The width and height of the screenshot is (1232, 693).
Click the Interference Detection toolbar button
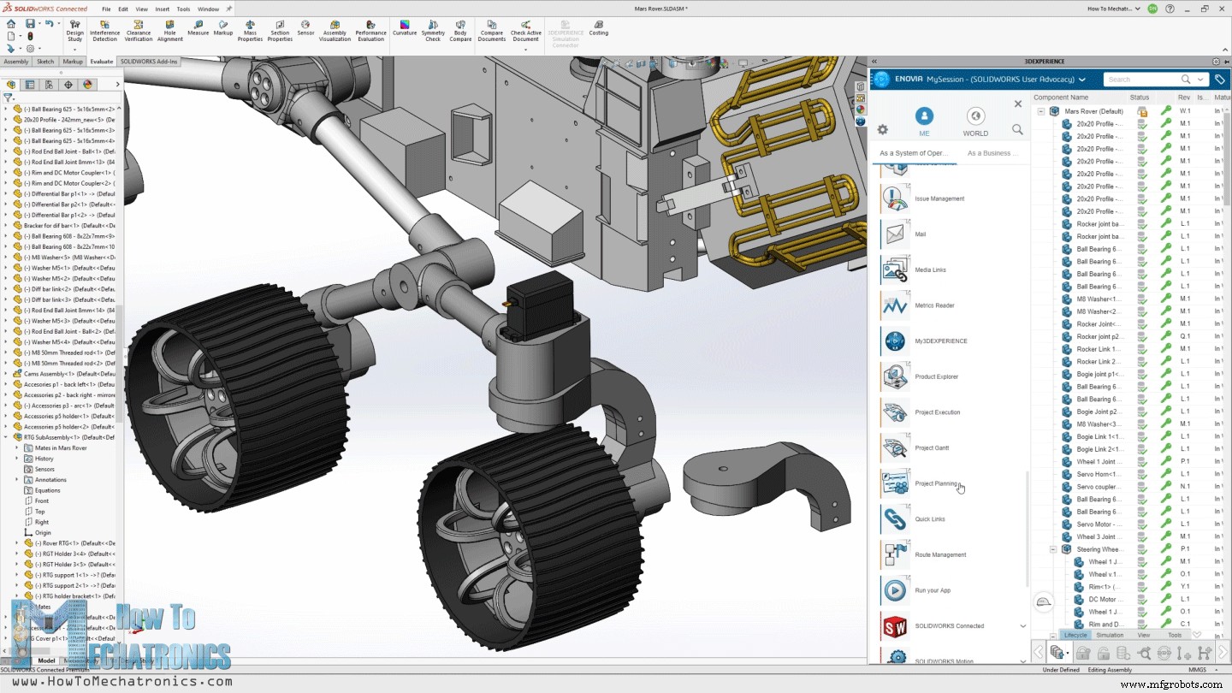point(104,31)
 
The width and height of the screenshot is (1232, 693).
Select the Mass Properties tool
point(250,31)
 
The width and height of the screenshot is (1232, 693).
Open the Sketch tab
point(45,62)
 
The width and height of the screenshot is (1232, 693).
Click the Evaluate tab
point(101,62)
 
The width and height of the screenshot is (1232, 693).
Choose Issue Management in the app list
point(939,198)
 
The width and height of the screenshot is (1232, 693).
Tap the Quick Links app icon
point(895,518)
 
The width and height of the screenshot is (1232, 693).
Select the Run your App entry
point(932,590)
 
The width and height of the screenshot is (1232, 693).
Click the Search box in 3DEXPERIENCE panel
point(1142,80)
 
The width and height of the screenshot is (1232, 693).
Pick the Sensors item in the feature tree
point(44,469)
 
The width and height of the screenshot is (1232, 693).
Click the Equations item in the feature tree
point(47,490)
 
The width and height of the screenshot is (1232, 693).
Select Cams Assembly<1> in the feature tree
point(68,374)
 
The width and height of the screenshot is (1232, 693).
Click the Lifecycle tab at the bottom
point(1075,635)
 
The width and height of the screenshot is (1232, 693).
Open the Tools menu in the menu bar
point(183,9)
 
